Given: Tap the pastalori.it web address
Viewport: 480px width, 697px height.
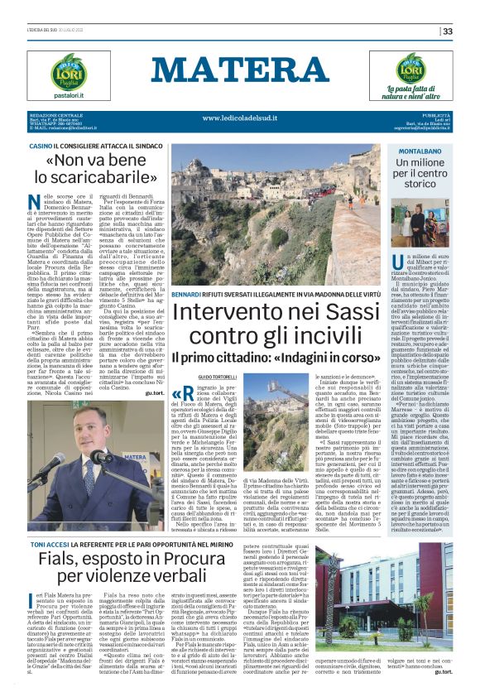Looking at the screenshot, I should [x=51, y=96].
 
